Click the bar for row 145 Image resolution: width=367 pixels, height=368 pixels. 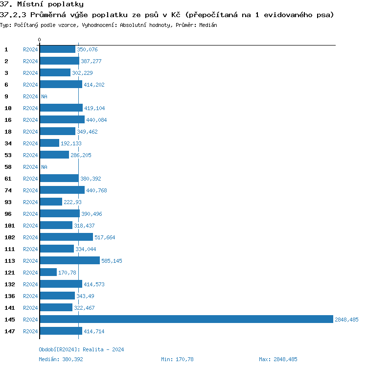(x=186, y=320)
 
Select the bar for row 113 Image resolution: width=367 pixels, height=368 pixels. (x=69, y=261)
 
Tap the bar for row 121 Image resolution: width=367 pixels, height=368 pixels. (x=48, y=273)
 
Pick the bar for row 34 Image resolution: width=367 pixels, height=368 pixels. (x=49, y=143)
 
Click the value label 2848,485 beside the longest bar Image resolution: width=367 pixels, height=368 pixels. (x=346, y=320)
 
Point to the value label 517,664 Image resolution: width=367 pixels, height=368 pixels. (x=105, y=237)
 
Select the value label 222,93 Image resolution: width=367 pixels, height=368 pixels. (x=72, y=202)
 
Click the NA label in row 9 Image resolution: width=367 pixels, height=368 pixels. (x=44, y=96)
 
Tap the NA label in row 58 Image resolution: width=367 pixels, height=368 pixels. (x=44, y=167)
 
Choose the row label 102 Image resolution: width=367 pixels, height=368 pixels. (x=9, y=237)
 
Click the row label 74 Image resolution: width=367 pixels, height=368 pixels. (x=8, y=190)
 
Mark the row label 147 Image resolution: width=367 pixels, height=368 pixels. (x=9, y=331)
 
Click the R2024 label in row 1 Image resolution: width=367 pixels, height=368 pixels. (x=30, y=49)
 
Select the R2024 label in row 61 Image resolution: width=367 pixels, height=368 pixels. (x=30, y=179)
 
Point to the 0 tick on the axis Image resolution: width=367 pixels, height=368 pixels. (x=40, y=40)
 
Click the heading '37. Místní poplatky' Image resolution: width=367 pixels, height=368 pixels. (x=42, y=4)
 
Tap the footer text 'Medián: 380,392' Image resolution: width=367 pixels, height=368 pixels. (x=61, y=359)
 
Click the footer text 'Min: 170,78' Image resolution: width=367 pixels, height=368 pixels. (x=177, y=359)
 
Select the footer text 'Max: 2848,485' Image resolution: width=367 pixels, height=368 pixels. (x=278, y=359)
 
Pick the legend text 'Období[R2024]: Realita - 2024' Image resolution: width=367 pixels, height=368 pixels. (x=81, y=349)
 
